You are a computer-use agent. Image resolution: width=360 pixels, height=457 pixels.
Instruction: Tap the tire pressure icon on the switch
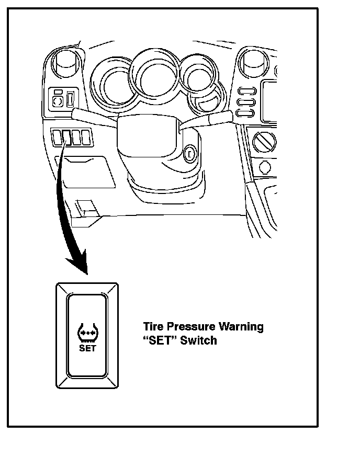click(87, 332)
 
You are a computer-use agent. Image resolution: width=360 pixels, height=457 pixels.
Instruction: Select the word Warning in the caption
click(241, 327)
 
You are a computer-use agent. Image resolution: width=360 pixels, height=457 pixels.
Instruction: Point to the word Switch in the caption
click(198, 341)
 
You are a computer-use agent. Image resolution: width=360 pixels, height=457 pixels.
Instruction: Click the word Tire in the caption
click(152, 327)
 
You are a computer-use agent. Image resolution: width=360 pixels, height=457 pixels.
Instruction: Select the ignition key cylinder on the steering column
click(189, 154)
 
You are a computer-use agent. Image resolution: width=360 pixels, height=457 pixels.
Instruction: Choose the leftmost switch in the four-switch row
click(57, 138)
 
